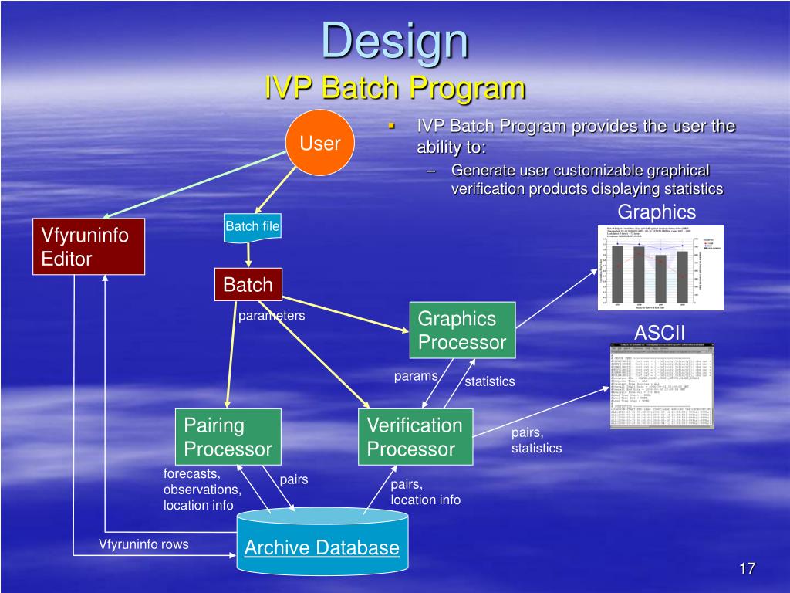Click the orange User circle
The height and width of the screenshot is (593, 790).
click(320, 144)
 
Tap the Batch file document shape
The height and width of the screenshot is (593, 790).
click(252, 228)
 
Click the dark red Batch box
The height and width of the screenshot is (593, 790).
click(248, 285)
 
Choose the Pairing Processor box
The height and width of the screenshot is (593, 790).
click(228, 437)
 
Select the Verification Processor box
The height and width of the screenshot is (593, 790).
click(415, 437)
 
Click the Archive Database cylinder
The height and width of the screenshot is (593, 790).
click(322, 547)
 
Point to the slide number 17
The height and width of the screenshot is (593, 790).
click(746, 569)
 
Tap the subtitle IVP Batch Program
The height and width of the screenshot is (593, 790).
click(394, 86)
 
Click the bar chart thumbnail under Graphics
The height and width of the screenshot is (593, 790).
click(661, 268)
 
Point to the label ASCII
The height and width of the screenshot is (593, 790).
click(660, 333)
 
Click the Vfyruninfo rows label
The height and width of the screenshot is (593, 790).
click(143, 544)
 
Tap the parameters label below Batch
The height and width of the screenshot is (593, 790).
click(272, 316)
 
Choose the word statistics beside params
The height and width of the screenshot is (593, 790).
click(489, 381)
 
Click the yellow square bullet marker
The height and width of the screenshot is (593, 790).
click(391, 126)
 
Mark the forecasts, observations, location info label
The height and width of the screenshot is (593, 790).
click(202, 490)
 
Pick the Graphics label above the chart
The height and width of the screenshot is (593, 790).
click(657, 212)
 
